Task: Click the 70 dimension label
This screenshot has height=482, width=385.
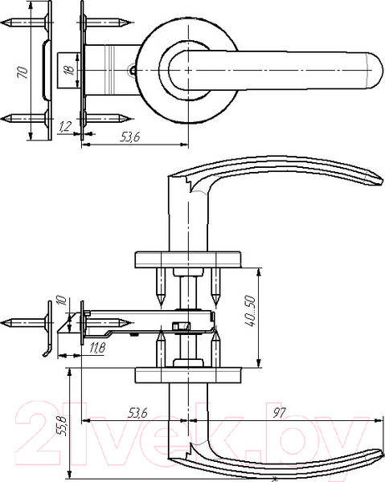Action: point(23,72)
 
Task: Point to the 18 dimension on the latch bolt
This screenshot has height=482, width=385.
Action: point(70,70)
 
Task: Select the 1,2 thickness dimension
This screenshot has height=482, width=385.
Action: point(65,127)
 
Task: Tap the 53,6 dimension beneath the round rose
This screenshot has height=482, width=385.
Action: point(129,137)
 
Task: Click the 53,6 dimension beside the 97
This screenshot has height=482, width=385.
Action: point(137,413)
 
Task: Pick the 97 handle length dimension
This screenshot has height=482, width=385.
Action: point(280,413)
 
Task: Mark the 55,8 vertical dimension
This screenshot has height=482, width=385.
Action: point(62,426)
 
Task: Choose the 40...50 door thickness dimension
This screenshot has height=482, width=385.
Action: point(250,311)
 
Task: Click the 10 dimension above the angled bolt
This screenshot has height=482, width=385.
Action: point(62,300)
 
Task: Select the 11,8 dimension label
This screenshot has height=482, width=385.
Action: point(98,348)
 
